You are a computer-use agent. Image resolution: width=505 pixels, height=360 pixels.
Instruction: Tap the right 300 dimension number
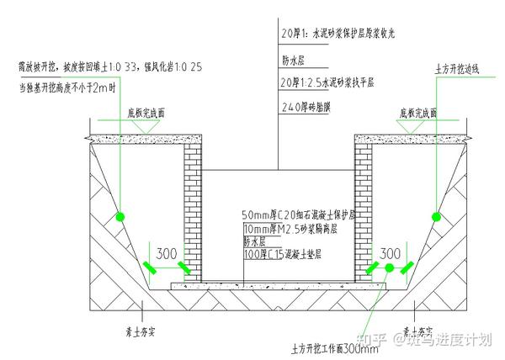pos(390,252)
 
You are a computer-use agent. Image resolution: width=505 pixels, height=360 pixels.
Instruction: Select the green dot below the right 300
pos(390,267)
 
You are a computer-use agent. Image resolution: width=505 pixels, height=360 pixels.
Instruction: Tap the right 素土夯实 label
pos(418,330)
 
